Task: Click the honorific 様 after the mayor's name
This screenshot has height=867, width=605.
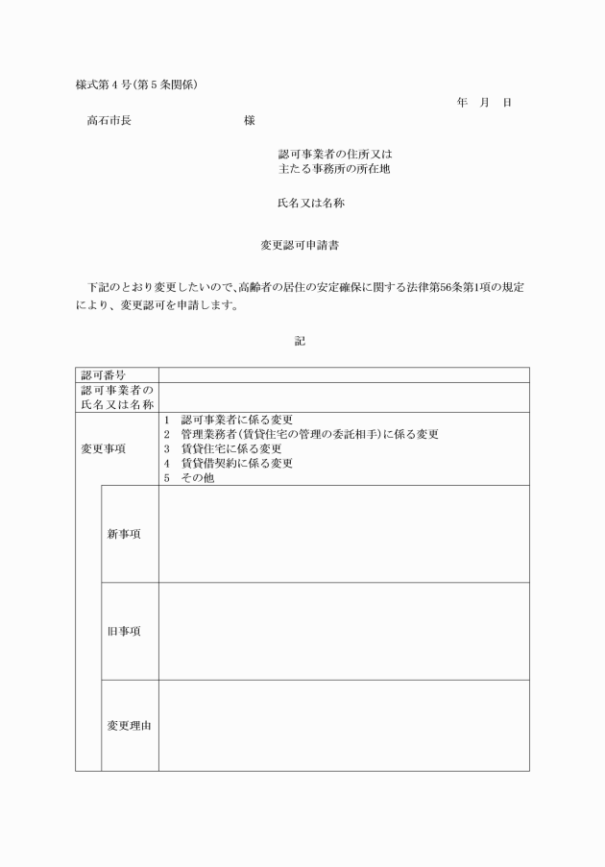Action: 250,121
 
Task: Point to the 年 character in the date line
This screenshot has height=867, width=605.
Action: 462,102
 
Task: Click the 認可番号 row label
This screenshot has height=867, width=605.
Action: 104,374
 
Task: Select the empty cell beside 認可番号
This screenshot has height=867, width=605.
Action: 344,374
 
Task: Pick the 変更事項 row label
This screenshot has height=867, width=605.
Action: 103,448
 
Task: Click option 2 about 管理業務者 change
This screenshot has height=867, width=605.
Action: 302,434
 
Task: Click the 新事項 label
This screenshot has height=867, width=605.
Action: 124,534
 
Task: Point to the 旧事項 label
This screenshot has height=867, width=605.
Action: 124,631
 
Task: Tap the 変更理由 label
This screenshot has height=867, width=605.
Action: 129,726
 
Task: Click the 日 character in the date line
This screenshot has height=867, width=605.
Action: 506,102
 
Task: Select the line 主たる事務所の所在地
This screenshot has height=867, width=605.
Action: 333,169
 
